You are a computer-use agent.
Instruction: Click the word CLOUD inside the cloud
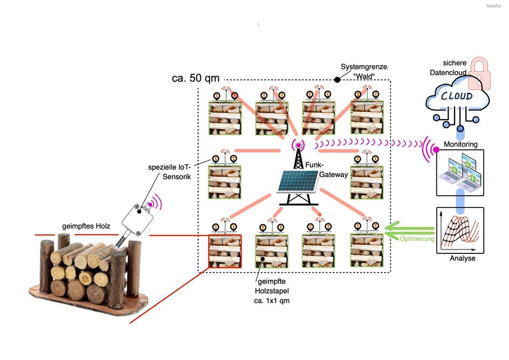tap(457, 96)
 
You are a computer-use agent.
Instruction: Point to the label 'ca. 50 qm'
tap(195, 78)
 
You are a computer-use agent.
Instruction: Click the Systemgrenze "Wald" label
tap(364, 71)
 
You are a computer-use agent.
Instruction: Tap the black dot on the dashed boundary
tap(337, 80)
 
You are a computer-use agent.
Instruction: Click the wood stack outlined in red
tap(225, 251)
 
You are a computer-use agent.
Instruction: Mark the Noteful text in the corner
tap(493, 5)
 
